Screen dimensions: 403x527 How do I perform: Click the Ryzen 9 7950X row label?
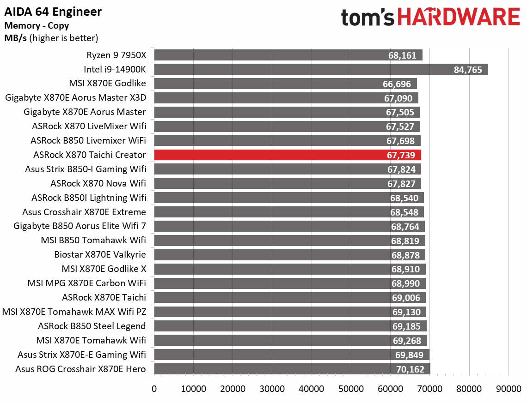click(116, 55)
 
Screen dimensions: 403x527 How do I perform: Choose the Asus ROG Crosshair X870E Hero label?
click(80, 369)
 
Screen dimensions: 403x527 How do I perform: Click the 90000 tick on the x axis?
click(509, 389)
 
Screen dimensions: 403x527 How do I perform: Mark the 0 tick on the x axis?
click(154, 389)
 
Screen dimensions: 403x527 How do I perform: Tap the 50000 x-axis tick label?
click(351, 389)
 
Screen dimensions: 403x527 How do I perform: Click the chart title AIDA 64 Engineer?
click(53, 12)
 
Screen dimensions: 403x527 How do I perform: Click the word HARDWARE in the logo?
click(458, 17)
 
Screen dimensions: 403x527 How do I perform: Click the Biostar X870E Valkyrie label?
click(100, 255)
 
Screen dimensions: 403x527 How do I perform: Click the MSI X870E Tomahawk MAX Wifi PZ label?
click(74, 312)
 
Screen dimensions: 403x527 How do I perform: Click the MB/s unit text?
click(15, 38)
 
